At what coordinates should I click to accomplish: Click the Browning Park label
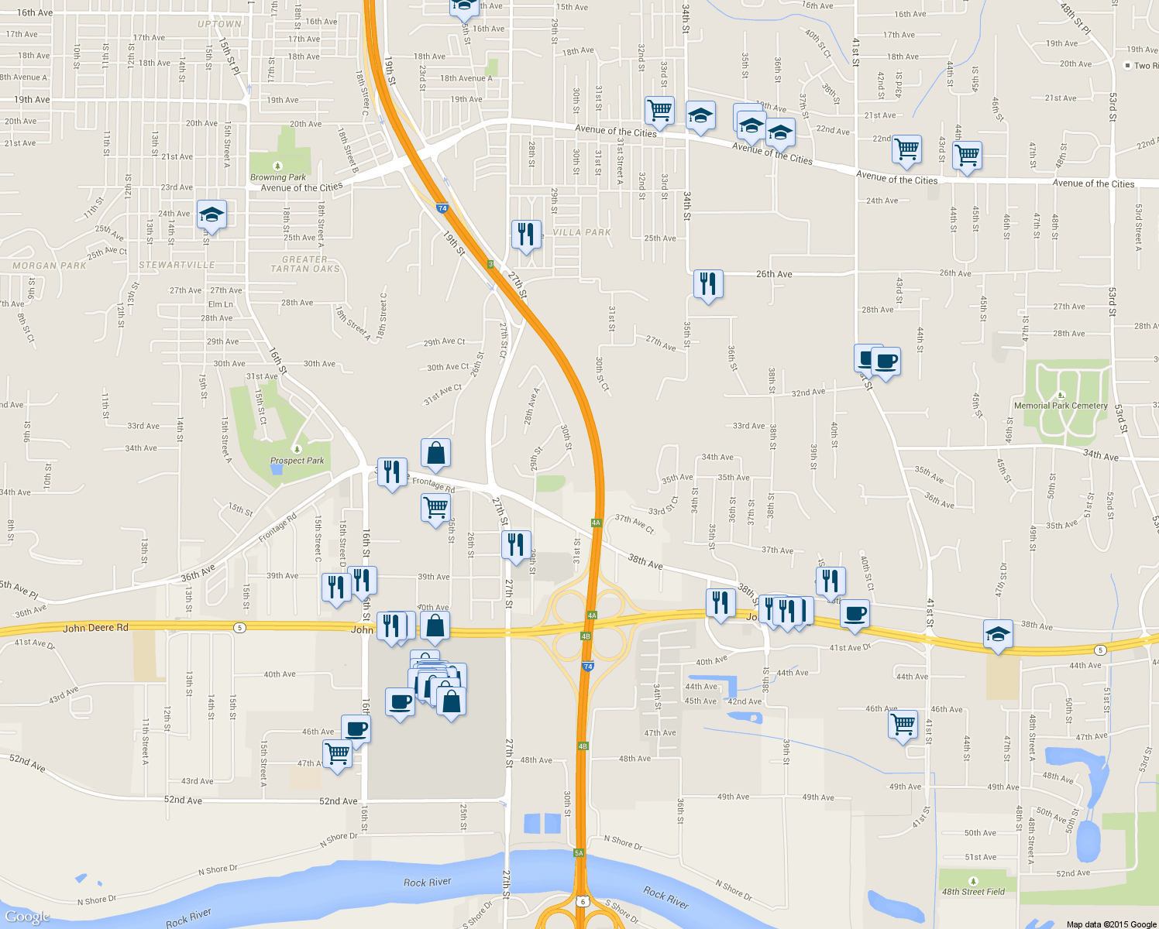click(278, 177)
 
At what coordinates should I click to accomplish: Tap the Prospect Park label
click(297, 461)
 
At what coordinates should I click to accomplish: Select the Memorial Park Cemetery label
click(1061, 406)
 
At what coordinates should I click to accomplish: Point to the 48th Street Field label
click(973, 892)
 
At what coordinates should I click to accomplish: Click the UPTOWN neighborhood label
click(219, 24)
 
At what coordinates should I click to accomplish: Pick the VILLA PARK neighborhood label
click(582, 232)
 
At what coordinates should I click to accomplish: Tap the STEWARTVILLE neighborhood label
click(177, 265)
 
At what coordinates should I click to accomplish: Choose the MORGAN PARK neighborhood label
click(50, 266)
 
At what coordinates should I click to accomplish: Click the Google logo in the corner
click(27, 917)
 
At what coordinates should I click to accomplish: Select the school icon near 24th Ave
click(211, 214)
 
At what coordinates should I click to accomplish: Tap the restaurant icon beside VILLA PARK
click(526, 233)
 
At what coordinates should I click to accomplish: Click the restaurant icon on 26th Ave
click(707, 283)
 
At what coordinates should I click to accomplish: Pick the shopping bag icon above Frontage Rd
click(435, 453)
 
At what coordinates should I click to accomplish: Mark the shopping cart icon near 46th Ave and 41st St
click(903, 725)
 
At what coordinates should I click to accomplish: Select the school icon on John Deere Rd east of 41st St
click(997, 635)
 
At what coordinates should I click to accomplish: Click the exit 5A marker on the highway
click(579, 852)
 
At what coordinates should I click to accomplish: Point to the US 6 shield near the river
click(583, 901)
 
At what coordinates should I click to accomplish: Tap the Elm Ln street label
click(220, 304)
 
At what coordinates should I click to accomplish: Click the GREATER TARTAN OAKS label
click(305, 264)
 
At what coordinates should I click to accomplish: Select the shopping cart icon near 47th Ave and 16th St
click(337, 752)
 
